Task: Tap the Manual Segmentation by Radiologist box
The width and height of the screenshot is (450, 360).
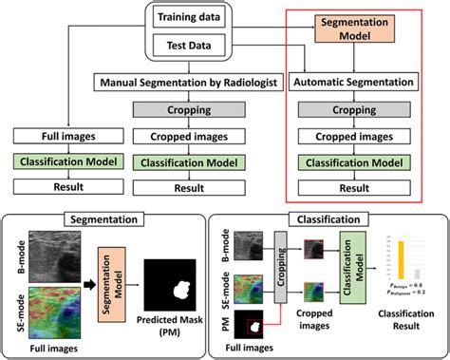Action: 185,84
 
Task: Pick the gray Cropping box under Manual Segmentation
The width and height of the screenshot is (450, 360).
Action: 185,110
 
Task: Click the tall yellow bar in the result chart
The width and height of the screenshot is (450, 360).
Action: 403,265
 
